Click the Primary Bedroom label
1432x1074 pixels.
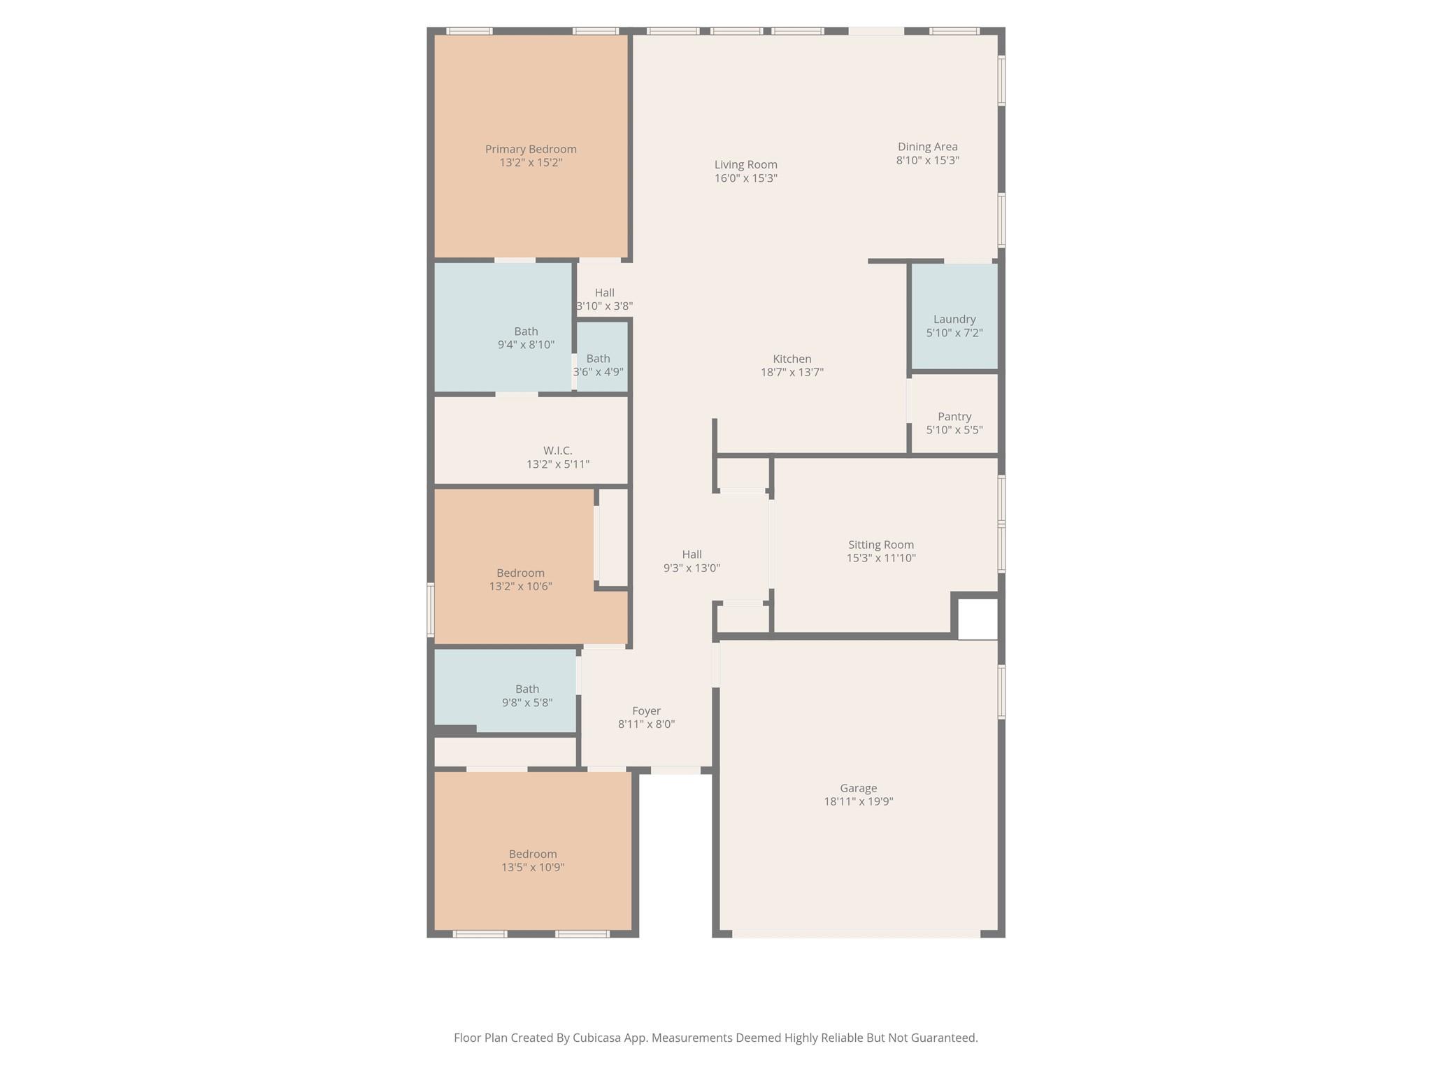tap(531, 149)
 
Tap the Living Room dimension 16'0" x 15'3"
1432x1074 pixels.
tap(745, 178)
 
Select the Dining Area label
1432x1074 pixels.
tap(927, 147)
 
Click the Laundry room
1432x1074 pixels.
tap(954, 320)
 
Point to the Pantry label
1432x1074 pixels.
tap(954, 417)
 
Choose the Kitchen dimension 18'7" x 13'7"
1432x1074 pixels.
tap(792, 373)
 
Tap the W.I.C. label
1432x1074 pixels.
tap(557, 451)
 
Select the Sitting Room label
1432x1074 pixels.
tap(880, 545)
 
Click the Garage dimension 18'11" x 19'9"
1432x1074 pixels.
tap(858, 802)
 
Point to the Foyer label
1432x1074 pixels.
tap(646, 711)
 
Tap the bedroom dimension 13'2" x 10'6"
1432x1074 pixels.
tap(520, 587)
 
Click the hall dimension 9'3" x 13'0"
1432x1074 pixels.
tap(692, 568)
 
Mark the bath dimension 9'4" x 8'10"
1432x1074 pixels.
tap(526, 345)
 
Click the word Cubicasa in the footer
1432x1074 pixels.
tap(599, 1038)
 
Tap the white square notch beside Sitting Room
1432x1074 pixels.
tap(977, 619)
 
